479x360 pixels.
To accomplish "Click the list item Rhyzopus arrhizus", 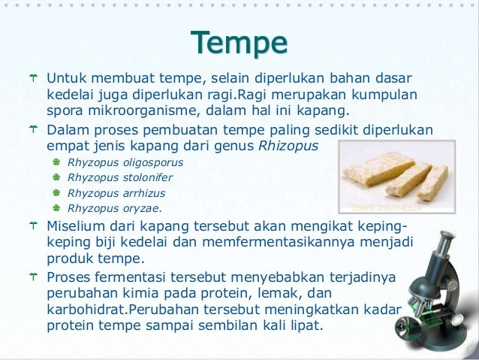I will (117, 193).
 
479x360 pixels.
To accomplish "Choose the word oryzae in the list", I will (139, 209).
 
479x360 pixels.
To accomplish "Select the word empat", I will (66, 146).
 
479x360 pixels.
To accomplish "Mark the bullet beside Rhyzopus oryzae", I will (56, 209).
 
